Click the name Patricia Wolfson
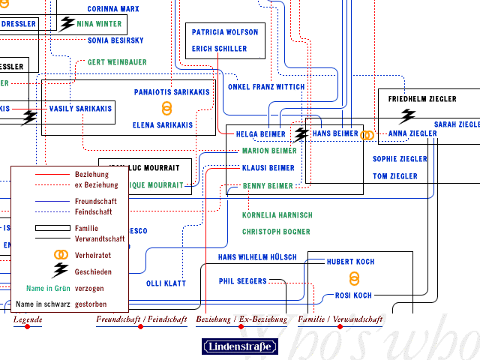pos(225,32)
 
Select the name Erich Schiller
pos(219,49)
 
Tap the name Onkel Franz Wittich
pos(266,87)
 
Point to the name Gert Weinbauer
pos(117,62)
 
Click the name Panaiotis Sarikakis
pos(172,92)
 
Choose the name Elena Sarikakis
pos(162,125)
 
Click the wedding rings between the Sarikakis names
pos(167,109)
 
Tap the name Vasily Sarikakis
pos(80,109)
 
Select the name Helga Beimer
pos(261,134)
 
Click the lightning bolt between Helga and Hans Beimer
pos(301,133)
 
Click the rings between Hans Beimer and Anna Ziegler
pos(367,135)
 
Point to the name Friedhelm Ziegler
pos(421,98)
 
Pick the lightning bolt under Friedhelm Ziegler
pos(407,115)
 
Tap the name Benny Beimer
pos(268,186)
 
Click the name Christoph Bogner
pos(276,232)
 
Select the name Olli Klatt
pos(166,283)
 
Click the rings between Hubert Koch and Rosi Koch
pos(354,278)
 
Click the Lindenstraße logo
pos(240,346)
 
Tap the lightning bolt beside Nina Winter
pos(67,23)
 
